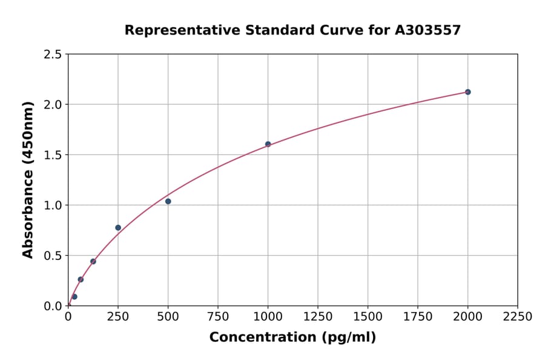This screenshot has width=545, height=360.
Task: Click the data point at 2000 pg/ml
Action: (x=467, y=92)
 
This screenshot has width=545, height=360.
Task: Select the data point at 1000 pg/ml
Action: (x=268, y=144)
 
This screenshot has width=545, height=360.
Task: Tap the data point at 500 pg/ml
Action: (x=168, y=201)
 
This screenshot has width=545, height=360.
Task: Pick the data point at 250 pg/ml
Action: (x=118, y=228)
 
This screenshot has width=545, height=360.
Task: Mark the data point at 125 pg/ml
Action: (x=93, y=261)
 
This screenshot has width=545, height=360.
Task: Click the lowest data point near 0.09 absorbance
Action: (x=74, y=297)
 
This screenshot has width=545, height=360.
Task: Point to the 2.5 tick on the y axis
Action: (x=53, y=55)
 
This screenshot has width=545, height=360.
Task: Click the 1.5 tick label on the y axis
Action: (x=53, y=155)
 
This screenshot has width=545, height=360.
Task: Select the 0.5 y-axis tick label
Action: (x=53, y=256)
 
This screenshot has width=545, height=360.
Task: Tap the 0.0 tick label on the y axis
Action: (x=53, y=306)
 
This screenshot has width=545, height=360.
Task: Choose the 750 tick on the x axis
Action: (x=218, y=317)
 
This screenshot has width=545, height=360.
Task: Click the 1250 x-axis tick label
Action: (x=318, y=317)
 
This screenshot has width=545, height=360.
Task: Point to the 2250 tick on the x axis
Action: (x=518, y=317)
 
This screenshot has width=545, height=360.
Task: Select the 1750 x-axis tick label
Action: (x=418, y=317)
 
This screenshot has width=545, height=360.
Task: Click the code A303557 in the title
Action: (x=428, y=30)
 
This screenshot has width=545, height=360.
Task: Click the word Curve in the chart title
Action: (x=322, y=30)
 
